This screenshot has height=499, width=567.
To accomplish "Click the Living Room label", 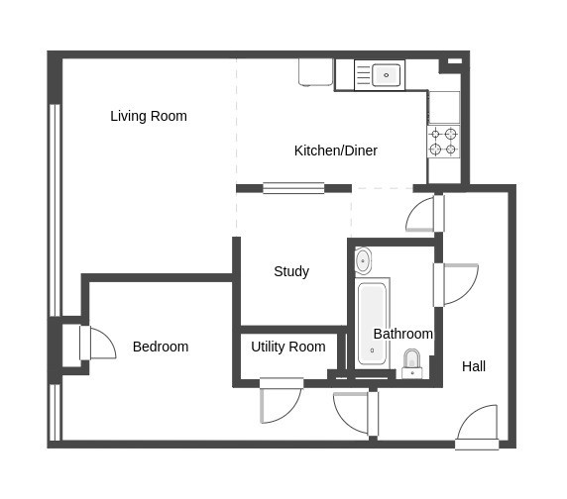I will click(x=149, y=116).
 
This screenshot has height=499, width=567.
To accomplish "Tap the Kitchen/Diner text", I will click(x=335, y=150).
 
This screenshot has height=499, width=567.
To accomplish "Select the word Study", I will click(x=291, y=271).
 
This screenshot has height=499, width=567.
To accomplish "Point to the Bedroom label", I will click(x=161, y=347).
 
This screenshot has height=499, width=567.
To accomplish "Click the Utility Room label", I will click(x=287, y=347).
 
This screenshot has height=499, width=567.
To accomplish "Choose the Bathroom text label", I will click(x=402, y=334).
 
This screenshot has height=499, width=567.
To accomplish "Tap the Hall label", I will click(x=474, y=366).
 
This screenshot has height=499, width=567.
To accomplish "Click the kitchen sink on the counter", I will click(x=379, y=74).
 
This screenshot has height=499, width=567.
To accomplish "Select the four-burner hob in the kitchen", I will click(x=443, y=141).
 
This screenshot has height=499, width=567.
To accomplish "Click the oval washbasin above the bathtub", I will click(x=363, y=261).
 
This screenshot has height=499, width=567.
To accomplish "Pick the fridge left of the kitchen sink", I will click(x=315, y=71).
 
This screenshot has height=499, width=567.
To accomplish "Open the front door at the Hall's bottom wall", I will click(x=477, y=428).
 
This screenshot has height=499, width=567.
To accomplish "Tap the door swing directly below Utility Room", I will click(x=280, y=402).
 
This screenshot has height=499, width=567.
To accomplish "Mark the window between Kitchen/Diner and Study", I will click(x=293, y=187).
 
